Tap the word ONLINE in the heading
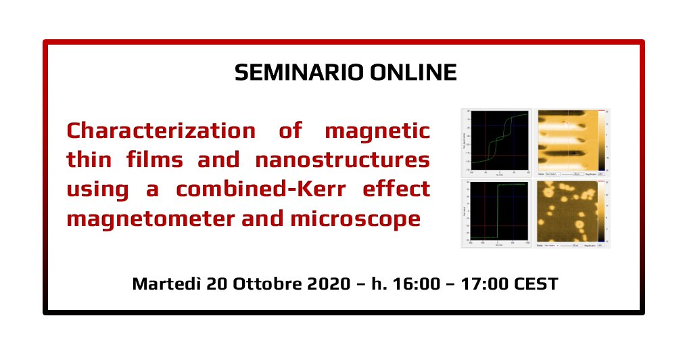[413, 72]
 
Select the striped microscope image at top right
[567, 139]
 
